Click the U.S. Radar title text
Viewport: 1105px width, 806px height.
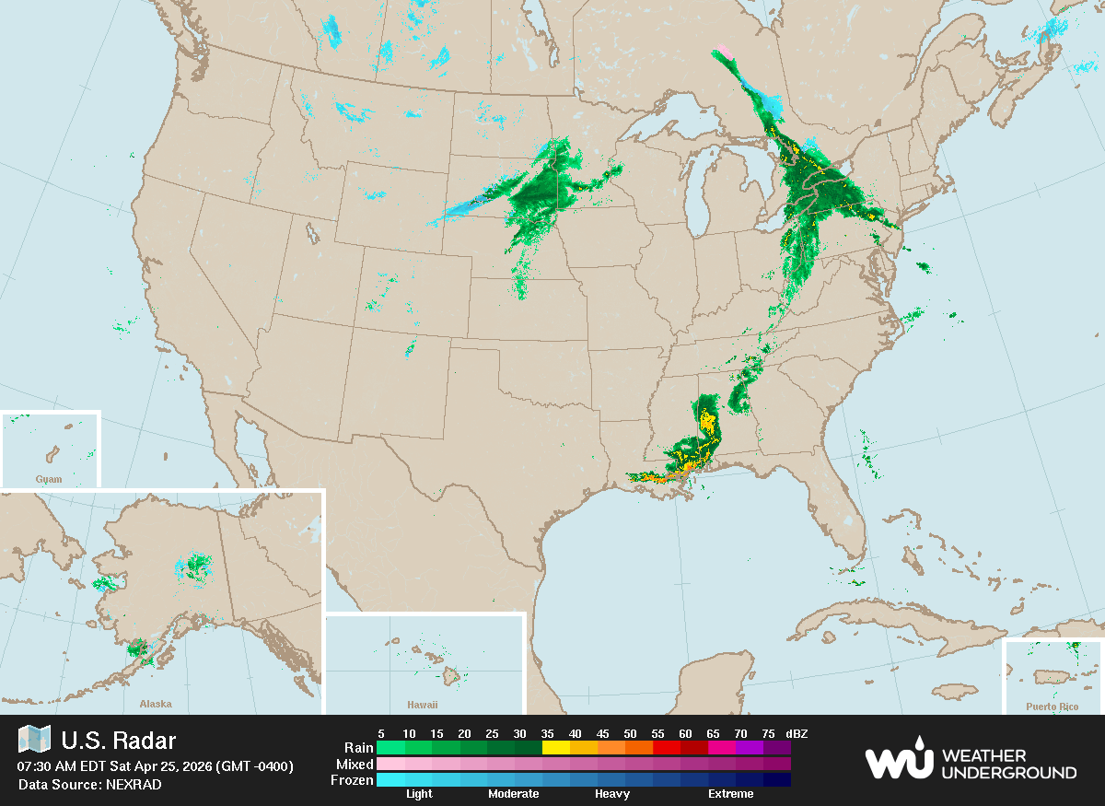pos(118,741)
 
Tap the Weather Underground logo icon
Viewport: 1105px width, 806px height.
pos(898,759)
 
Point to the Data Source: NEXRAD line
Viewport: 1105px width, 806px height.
pos(89,784)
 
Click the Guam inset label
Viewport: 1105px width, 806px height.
pos(49,479)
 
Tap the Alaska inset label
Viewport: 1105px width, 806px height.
pos(156,704)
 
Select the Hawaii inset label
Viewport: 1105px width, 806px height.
pos(423,705)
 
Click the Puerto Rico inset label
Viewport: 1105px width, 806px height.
pos(1052,707)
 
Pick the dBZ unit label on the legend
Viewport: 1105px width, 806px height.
pos(797,733)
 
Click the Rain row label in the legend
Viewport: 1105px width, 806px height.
pos(358,748)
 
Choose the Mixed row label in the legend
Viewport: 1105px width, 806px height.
pos(355,764)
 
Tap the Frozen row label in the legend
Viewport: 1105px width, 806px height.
pos(352,780)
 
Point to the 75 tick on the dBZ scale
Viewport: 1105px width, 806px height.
pos(767,733)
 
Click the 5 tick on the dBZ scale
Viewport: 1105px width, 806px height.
pos(380,733)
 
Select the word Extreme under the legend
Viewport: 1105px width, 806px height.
pos(730,794)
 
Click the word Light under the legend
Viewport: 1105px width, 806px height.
pos(419,794)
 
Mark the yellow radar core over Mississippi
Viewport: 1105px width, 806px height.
pos(707,422)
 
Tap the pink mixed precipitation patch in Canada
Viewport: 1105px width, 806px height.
pos(723,50)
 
